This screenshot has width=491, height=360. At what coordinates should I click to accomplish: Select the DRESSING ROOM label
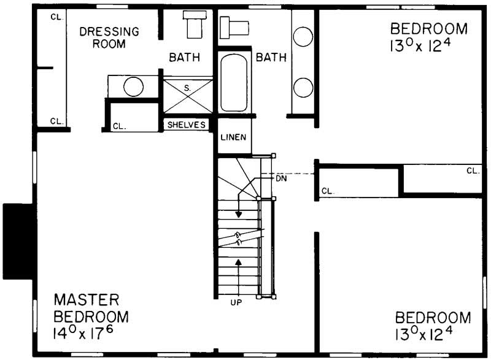pyautogui.click(x=109, y=37)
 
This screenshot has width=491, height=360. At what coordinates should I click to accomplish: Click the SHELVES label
pyautogui.click(x=186, y=124)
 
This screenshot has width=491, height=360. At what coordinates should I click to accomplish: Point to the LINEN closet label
pyautogui.click(x=234, y=137)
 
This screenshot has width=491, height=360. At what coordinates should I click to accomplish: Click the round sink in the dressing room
pyautogui.click(x=133, y=86)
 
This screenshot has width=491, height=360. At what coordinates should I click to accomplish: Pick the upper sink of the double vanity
pyautogui.click(x=303, y=37)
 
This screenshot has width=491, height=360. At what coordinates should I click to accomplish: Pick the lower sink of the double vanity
pyautogui.click(x=303, y=88)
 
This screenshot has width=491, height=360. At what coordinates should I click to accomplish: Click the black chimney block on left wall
pyautogui.click(x=17, y=241)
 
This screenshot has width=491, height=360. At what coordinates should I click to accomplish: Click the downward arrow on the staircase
pyautogui.click(x=239, y=210)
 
